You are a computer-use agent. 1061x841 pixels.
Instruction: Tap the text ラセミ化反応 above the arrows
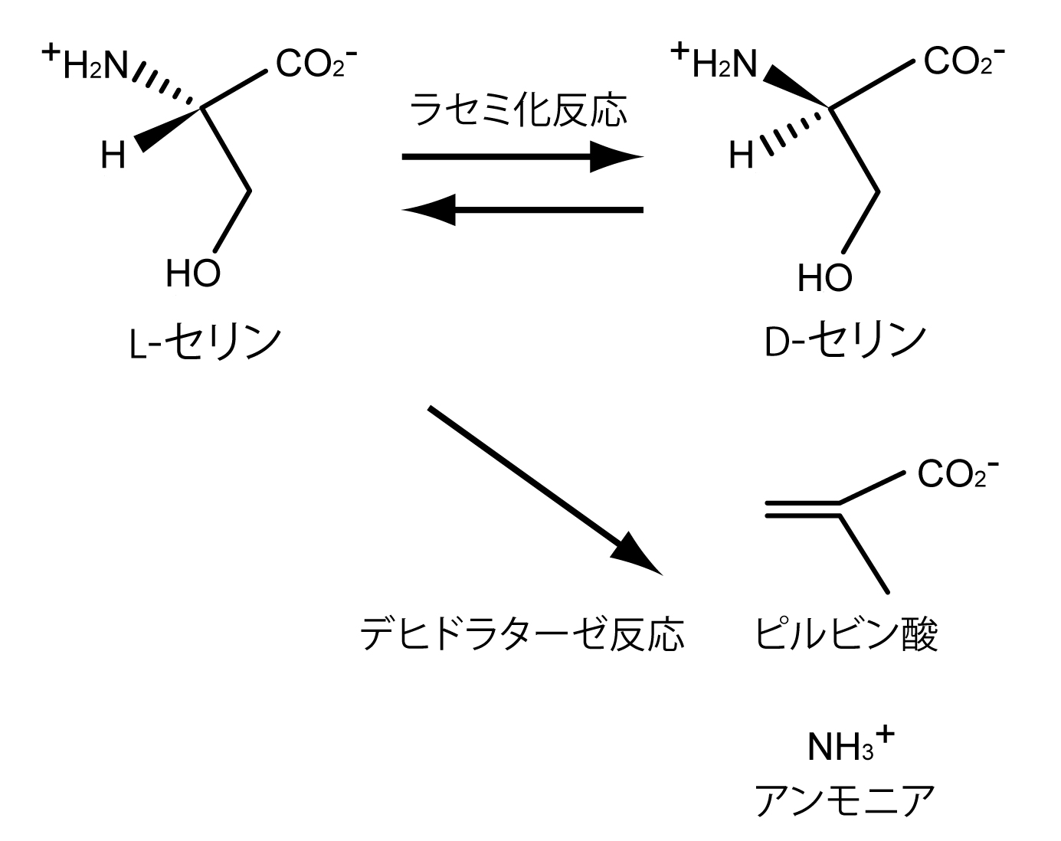(519, 110)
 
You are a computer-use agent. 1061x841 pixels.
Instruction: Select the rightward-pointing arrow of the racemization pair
(521, 157)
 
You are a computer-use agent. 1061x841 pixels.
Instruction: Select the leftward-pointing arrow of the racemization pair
(521, 209)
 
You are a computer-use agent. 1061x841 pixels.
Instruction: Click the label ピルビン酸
(846, 634)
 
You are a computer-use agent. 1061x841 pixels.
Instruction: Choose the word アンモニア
(845, 800)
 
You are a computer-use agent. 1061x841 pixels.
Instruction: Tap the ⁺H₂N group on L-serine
(86, 64)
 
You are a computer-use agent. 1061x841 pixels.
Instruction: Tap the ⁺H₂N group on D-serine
(714, 63)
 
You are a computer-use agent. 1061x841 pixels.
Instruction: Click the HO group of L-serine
(193, 273)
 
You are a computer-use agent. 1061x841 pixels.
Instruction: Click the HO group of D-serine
(824, 277)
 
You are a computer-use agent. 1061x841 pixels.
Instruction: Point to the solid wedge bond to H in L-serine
(167, 129)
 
